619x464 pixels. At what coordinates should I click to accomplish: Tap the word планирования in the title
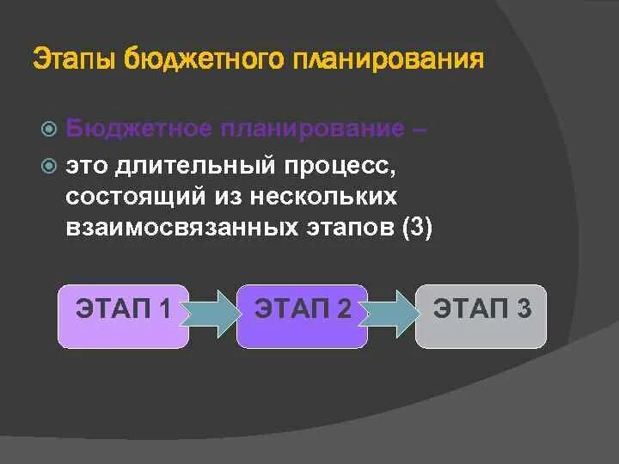pyautogui.click(x=389, y=60)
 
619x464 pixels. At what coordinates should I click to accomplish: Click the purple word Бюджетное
pyautogui.click(x=138, y=130)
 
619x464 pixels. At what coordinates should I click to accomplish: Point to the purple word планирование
pyautogui.click(x=310, y=130)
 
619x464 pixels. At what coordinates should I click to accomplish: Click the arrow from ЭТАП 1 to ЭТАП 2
pyautogui.click(x=211, y=312)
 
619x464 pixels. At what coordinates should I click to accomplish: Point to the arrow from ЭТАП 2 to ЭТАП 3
pyautogui.click(x=391, y=312)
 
